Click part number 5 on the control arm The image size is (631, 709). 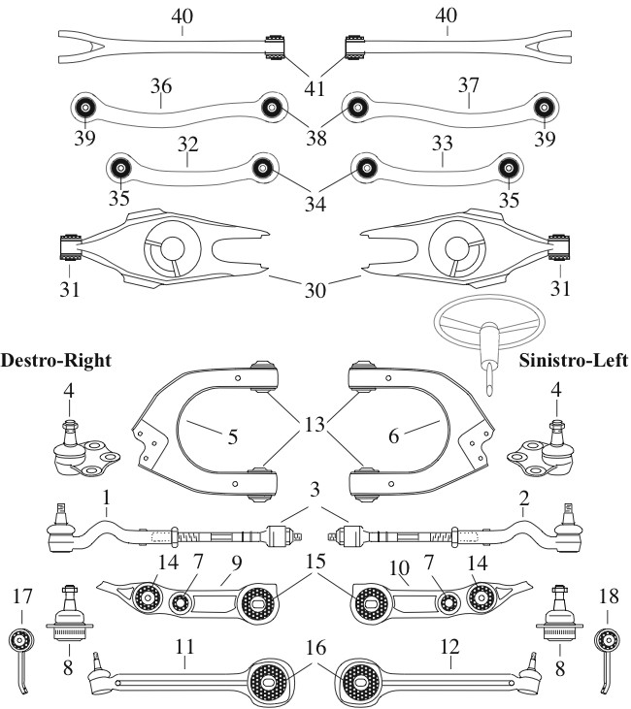click(x=233, y=436)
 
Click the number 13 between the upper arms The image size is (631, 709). click(x=314, y=425)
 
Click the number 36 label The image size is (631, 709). click(x=161, y=86)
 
